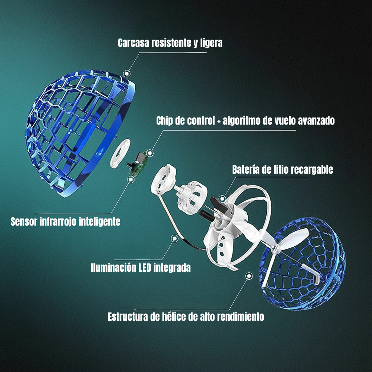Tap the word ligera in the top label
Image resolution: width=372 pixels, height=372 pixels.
point(211,43)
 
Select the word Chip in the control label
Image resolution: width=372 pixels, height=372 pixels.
point(165,121)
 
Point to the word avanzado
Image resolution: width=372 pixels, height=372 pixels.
point(316,121)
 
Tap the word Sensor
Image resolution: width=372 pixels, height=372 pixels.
point(23,222)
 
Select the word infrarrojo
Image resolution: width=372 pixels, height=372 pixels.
point(60,222)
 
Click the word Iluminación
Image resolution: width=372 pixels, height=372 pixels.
point(113,268)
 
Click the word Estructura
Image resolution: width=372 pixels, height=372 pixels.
point(127,317)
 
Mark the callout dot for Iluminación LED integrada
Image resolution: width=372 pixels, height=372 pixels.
point(175,238)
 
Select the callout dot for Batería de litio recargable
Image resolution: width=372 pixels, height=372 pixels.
point(223,198)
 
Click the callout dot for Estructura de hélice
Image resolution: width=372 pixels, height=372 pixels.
point(249,276)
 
